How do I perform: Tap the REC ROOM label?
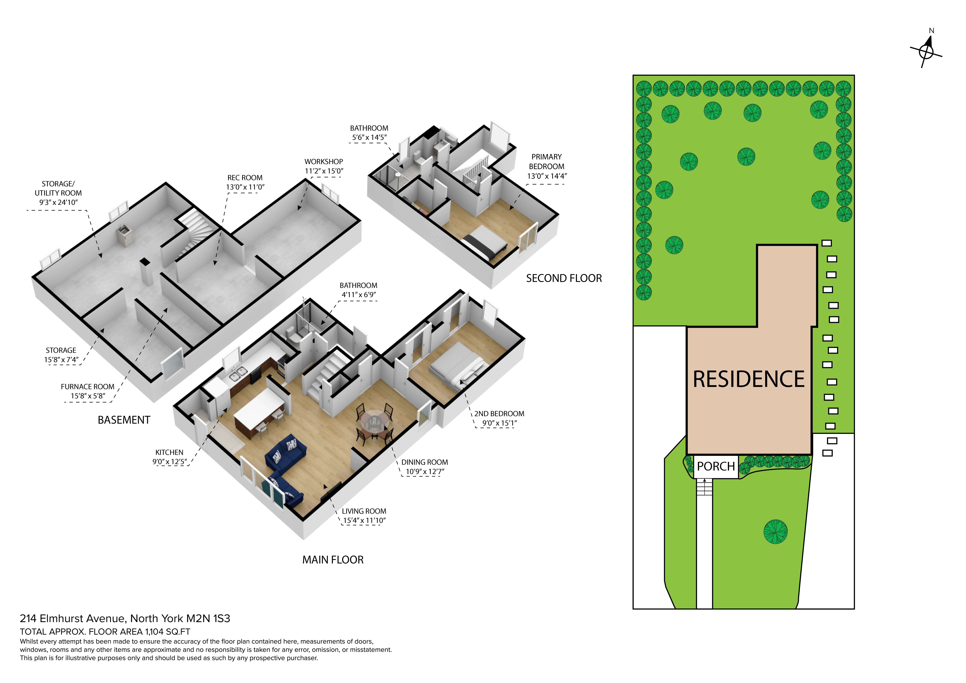[245, 178]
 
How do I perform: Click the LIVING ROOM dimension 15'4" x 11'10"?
[364, 521]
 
